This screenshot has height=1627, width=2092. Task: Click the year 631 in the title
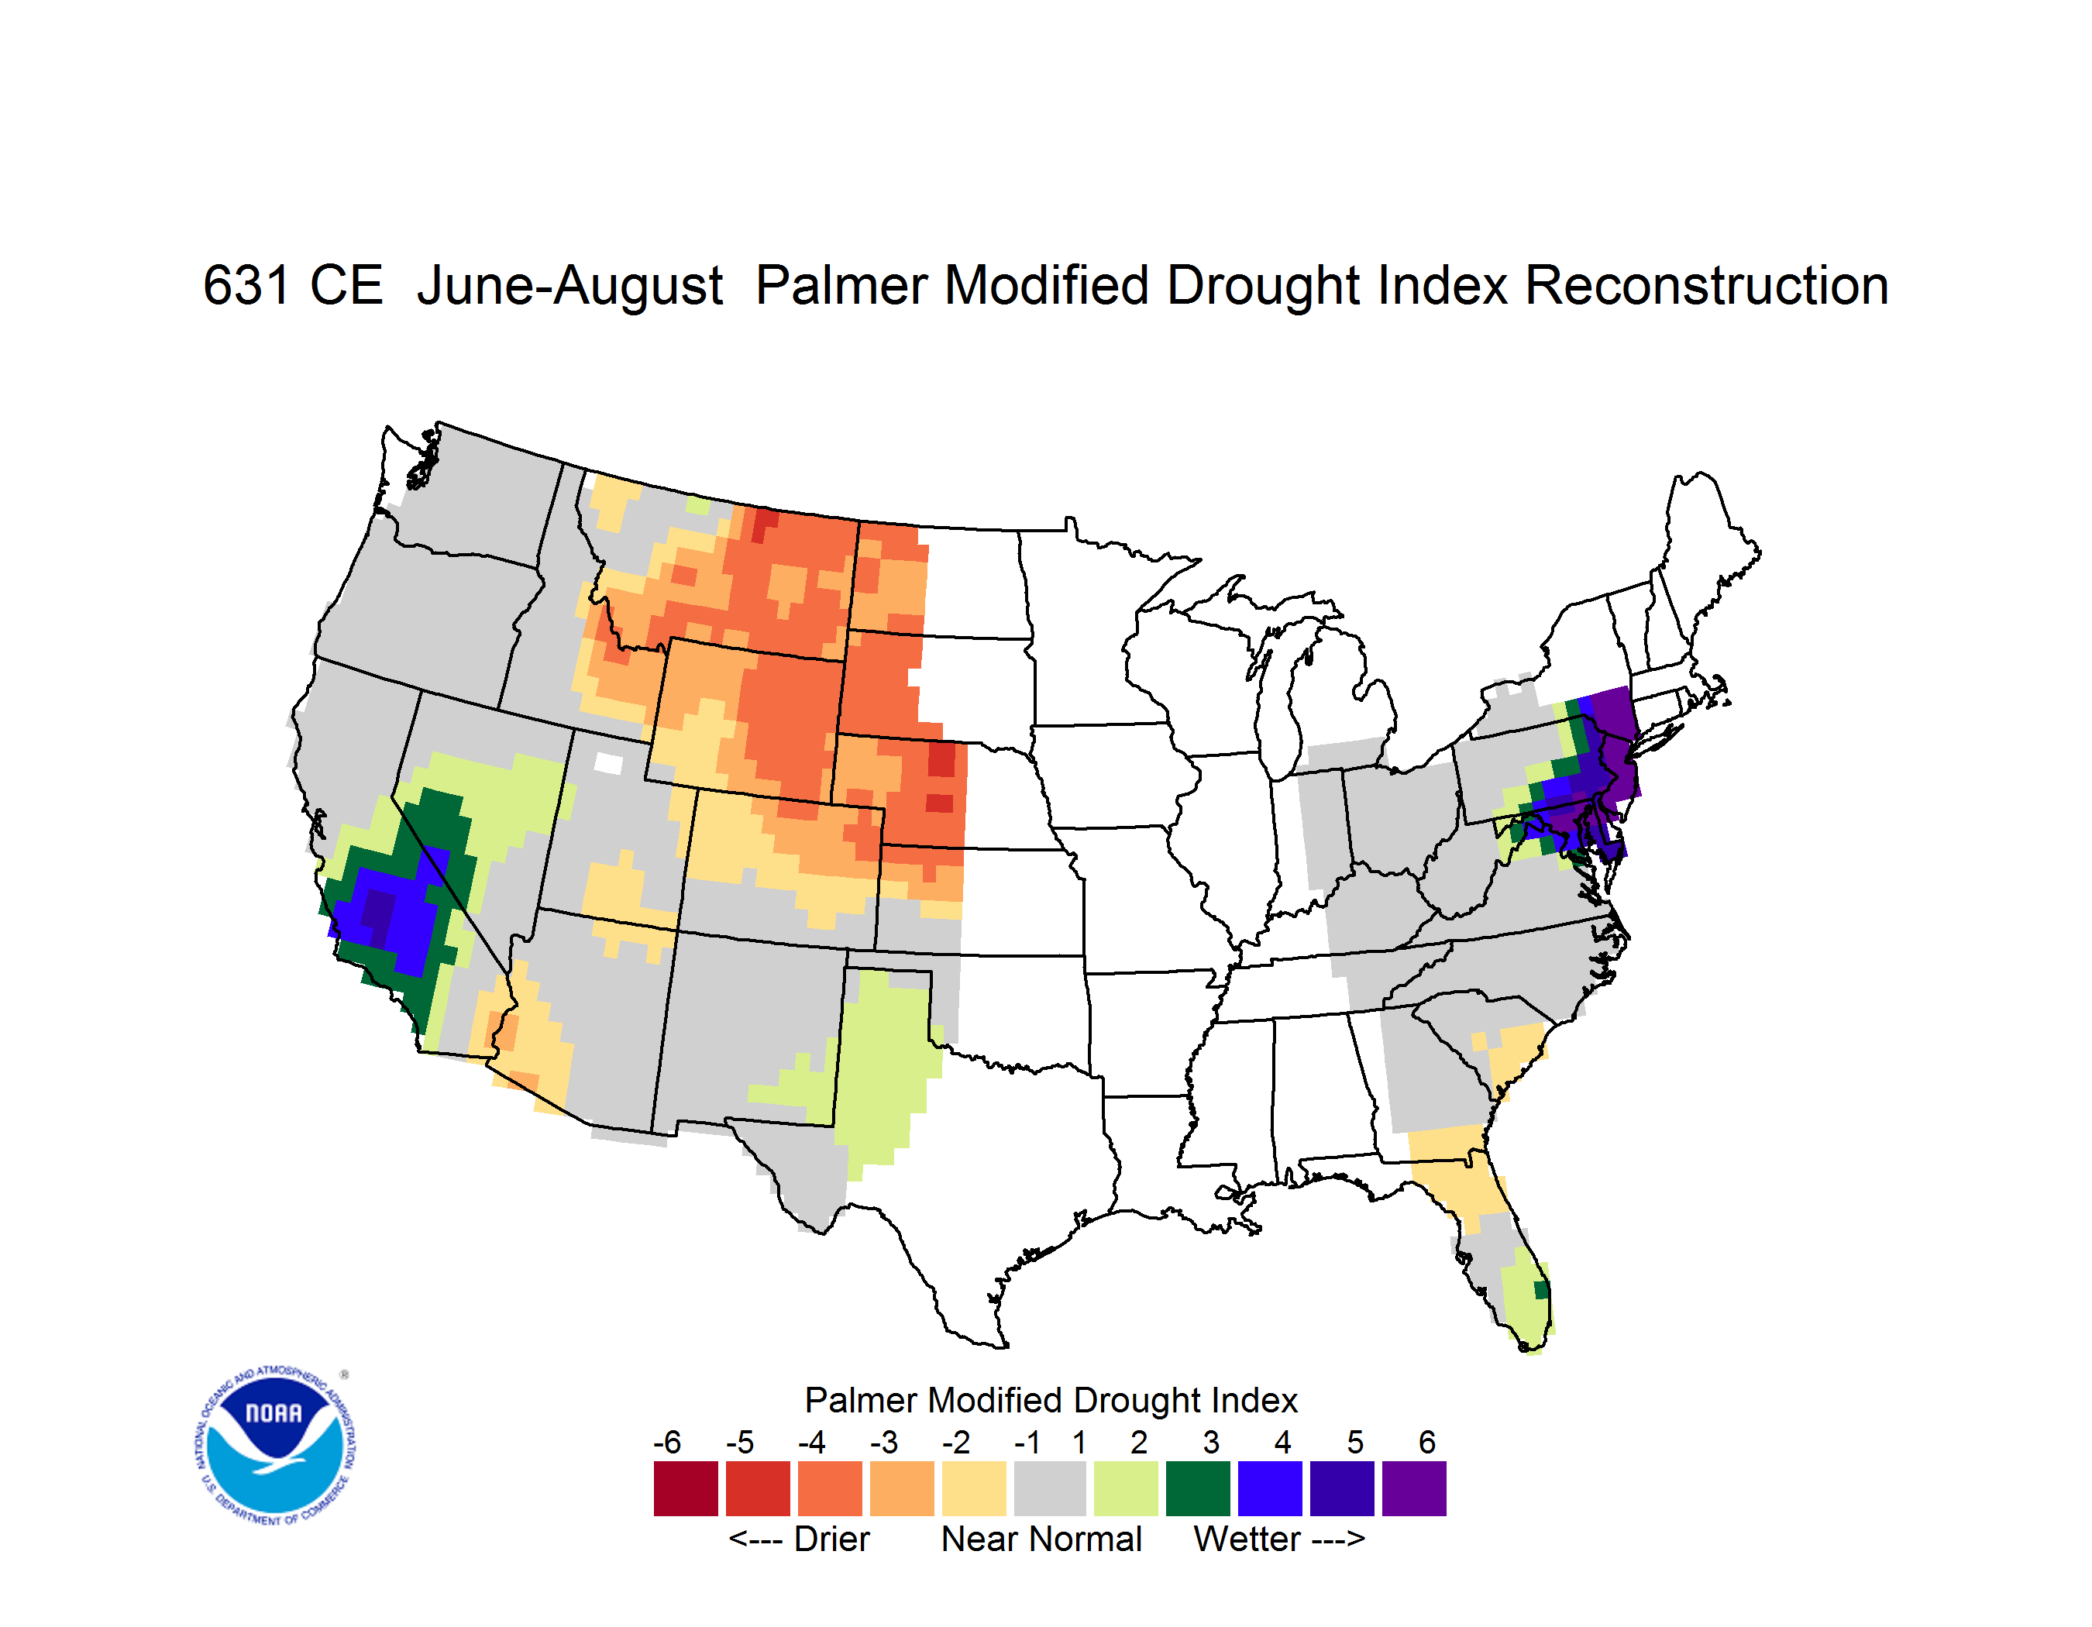click(246, 285)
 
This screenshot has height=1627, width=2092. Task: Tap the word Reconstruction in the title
click(1706, 285)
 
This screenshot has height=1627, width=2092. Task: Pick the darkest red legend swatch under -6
click(686, 1488)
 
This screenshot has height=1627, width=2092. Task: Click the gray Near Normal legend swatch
click(1050, 1488)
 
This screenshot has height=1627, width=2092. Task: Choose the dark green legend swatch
click(1197, 1488)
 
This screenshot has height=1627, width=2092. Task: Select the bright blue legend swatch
click(1270, 1488)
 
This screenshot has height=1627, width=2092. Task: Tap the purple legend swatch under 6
click(1414, 1488)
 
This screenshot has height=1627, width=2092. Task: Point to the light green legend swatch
click(1126, 1488)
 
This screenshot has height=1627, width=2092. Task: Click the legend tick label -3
click(884, 1442)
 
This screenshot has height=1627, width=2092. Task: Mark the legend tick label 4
click(1282, 1442)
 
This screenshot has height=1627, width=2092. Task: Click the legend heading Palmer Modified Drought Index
click(1051, 1400)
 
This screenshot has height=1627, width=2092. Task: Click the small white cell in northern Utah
click(608, 763)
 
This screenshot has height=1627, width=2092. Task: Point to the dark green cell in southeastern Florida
click(1541, 1290)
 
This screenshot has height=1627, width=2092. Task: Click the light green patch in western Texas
click(886, 1063)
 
